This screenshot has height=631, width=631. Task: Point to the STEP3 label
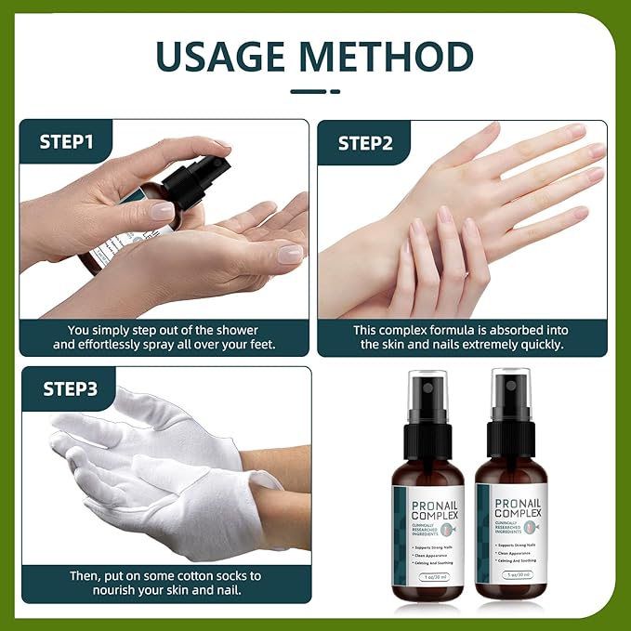(x=71, y=388)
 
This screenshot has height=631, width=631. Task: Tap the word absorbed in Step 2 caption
(x=508, y=330)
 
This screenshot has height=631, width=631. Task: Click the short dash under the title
(x=315, y=91)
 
